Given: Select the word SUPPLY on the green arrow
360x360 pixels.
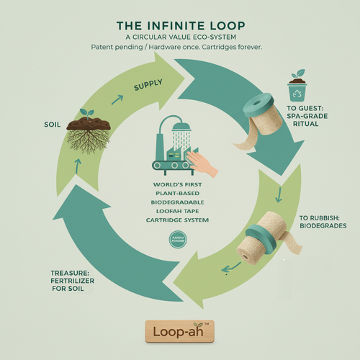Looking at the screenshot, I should [x=147, y=88].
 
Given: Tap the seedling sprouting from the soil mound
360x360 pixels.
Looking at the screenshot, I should [x=88, y=113].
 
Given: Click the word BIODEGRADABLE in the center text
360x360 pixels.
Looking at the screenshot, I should [x=179, y=202].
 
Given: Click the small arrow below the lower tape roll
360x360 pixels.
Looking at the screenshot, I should [x=231, y=269].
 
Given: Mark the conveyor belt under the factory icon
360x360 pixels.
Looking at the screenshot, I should [x=173, y=165].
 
